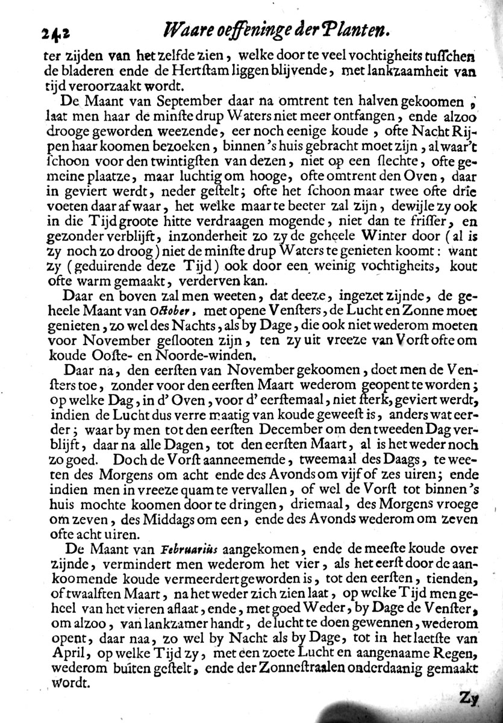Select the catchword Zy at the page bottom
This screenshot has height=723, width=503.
tap(469, 698)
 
